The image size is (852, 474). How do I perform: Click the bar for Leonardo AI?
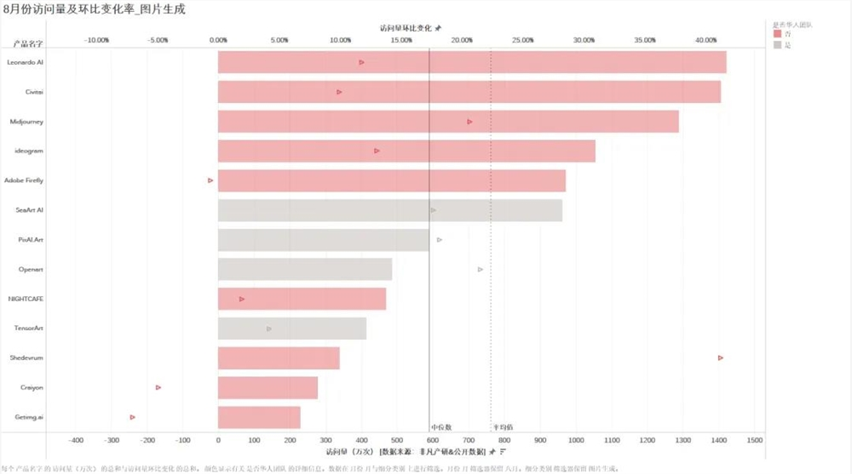click(x=472, y=62)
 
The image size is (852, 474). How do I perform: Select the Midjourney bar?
click(x=448, y=122)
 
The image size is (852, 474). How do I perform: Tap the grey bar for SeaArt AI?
click(x=389, y=210)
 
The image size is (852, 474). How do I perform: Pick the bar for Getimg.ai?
click(x=259, y=417)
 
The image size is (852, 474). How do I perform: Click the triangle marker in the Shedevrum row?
click(x=721, y=358)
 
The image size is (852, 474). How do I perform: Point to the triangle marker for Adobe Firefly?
click(x=210, y=180)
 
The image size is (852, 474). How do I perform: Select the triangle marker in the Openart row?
click(x=481, y=269)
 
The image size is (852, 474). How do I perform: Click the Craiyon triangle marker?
click(x=158, y=387)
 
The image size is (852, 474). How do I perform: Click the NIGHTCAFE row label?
click(x=26, y=300)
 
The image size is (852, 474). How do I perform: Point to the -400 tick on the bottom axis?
click(x=76, y=440)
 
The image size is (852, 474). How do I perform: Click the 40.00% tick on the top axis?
click(x=705, y=40)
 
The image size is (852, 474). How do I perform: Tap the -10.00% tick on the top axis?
click(x=96, y=40)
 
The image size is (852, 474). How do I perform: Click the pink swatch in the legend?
click(x=776, y=34)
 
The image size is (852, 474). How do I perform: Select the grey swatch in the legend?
click(x=776, y=44)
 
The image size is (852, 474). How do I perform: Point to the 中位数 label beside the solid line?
click(x=440, y=426)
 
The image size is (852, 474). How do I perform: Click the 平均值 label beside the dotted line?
click(x=503, y=426)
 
